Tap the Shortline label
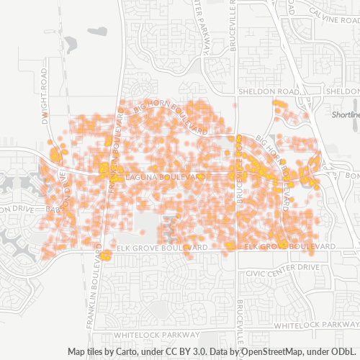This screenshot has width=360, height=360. click(x=346, y=115)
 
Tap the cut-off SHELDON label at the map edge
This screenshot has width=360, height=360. click(x=343, y=92)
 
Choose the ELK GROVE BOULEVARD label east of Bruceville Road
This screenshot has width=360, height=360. click(x=291, y=247)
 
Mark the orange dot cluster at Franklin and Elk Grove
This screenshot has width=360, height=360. click(x=106, y=254)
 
